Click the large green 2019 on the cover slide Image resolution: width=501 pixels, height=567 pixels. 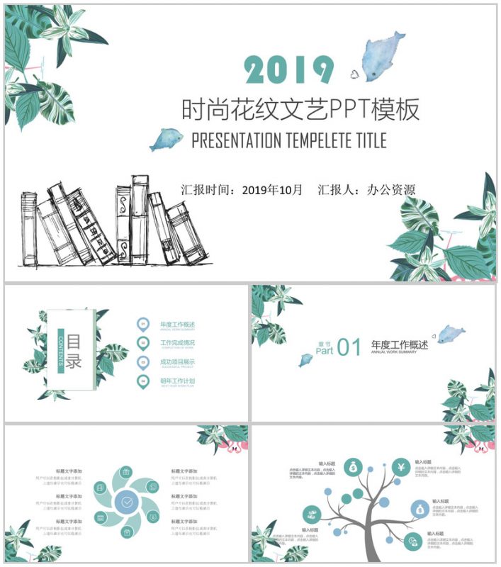pos(288,69)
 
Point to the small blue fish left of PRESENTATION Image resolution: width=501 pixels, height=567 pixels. pos(165,139)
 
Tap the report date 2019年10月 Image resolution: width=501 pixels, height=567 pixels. pos(272,190)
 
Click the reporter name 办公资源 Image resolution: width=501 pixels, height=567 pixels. pos(391,190)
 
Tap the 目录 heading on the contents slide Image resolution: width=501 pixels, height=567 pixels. pos(74,350)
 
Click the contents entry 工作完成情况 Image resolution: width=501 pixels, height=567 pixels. pos(177,343)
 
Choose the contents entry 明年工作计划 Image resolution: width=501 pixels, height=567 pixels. pos(177,381)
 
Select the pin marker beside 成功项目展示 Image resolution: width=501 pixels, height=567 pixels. pos(142,363)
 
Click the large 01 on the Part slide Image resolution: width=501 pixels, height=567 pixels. pos(349,347)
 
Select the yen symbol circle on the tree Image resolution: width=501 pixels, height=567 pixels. pos(400,468)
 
